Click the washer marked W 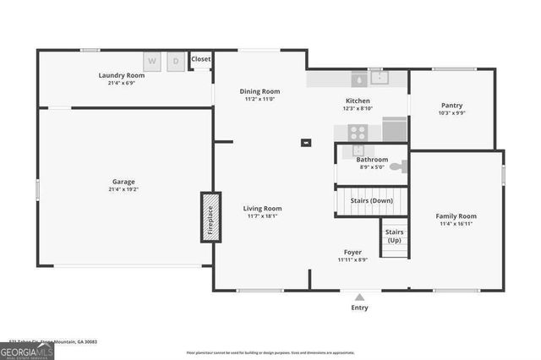pos(152,61)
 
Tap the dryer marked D pos(177,61)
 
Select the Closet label pos(201,59)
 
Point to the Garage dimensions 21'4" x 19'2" pos(124,190)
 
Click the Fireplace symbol pos(210,217)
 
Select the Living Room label pos(263,208)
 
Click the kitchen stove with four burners pos(358,132)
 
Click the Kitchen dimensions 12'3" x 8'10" pos(357,109)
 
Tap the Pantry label pos(451,106)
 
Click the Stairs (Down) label pos(372,201)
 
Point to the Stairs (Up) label pos(394,236)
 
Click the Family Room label pos(456,216)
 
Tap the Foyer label pos(352,252)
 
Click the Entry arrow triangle pos(359,297)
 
